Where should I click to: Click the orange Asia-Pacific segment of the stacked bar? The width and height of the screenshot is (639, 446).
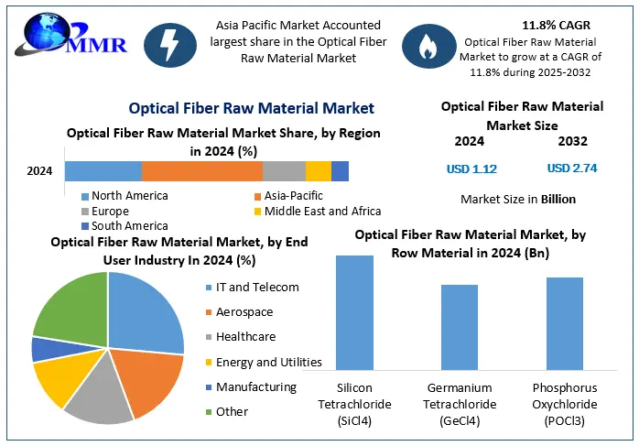201,170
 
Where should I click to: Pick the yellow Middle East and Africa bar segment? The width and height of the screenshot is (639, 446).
318,170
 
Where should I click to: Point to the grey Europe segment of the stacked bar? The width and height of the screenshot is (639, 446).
284,170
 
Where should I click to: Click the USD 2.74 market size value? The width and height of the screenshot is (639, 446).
572,169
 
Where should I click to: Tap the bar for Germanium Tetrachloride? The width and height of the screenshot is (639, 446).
459,326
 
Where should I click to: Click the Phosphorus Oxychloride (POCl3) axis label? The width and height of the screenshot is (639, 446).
565,404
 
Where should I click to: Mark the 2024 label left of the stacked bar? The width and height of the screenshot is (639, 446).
39,170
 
